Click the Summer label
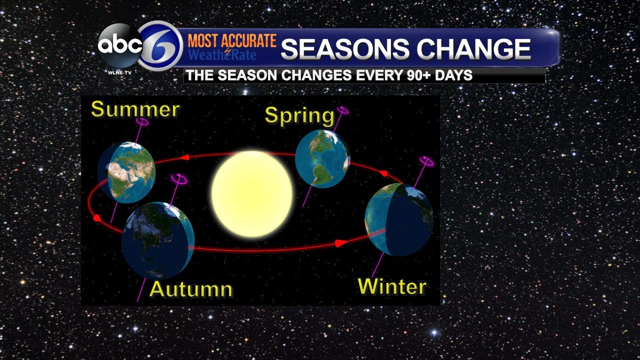(x=135, y=109)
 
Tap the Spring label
(x=299, y=115)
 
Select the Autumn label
(x=191, y=289)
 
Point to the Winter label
(x=392, y=286)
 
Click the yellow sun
(x=251, y=194)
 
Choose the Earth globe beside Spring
(x=322, y=158)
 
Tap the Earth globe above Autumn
(x=157, y=240)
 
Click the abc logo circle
(x=119, y=45)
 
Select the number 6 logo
(x=159, y=46)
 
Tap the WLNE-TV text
(x=119, y=73)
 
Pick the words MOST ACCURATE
(x=232, y=40)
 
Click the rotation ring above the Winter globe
(x=426, y=161)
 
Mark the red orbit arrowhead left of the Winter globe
(x=341, y=243)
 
